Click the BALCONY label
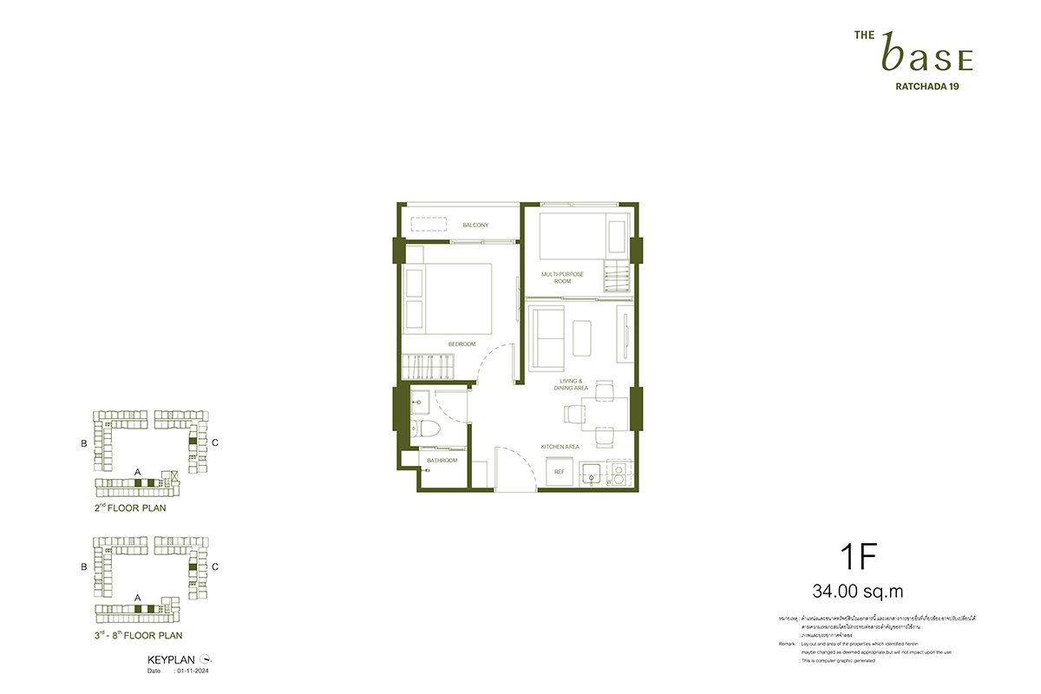pyautogui.click(x=475, y=226)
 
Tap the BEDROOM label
pyautogui.click(x=462, y=344)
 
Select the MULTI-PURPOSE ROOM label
pyautogui.click(x=562, y=278)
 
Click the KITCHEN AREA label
pyautogui.click(x=560, y=447)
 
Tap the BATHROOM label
pyautogui.click(x=442, y=461)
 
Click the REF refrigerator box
pyautogui.click(x=560, y=474)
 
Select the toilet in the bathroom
pyautogui.click(x=431, y=429)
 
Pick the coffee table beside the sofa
pyautogui.click(x=583, y=335)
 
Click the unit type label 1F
pyautogui.click(x=859, y=555)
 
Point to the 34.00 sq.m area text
pyautogui.click(x=858, y=592)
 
